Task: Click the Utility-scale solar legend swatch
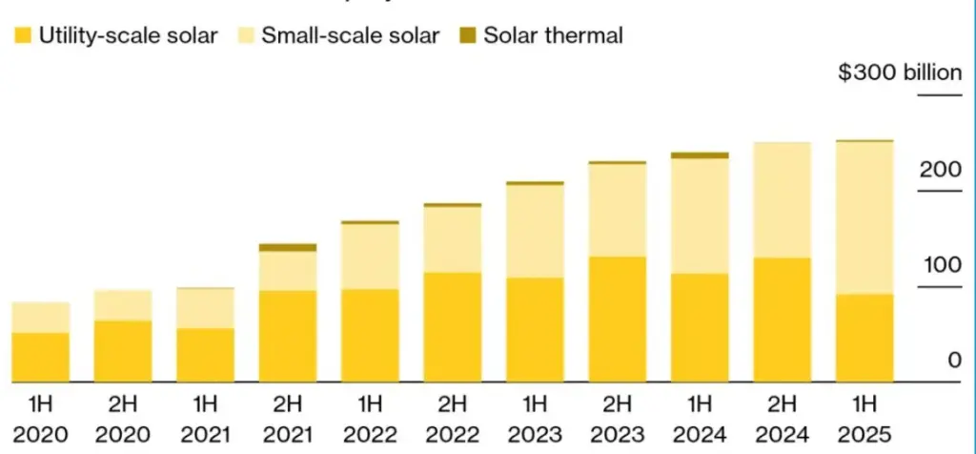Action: click(x=22, y=37)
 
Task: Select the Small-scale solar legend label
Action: click(x=350, y=37)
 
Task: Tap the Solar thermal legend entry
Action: click(x=553, y=37)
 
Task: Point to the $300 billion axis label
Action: click(x=899, y=72)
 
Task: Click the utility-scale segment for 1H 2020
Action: click(x=41, y=357)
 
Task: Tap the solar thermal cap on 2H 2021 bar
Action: click(x=288, y=247)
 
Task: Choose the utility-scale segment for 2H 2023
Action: click(x=618, y=319)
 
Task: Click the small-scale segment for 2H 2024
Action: click(x=783, y=199)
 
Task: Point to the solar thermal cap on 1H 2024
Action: click(x=700, y=155)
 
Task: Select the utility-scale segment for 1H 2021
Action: click(x=205, y=355)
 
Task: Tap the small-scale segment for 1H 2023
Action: click(x=535, y=231)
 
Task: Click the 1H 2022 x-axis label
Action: click(x=370, y=420)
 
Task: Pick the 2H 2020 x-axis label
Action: click(x=122, y=420)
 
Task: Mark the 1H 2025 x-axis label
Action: click(x=864, y=420)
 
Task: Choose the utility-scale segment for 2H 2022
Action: click(x=453, y=327)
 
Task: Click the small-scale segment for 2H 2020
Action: click(x=122, y=305)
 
